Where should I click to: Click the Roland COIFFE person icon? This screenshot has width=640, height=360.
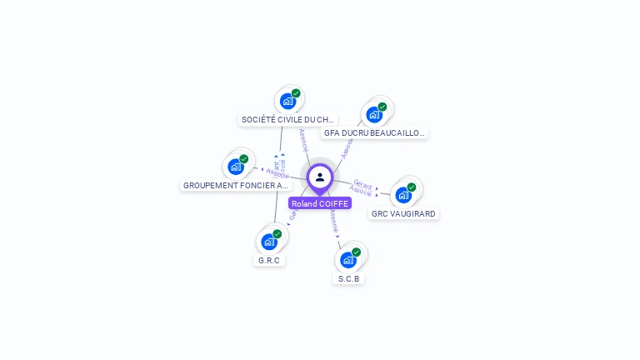(x=320, y=177)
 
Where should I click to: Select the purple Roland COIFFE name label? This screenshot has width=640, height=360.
(x=320, y=203)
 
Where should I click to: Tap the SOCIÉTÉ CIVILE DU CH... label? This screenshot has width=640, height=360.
(x=287, y=120)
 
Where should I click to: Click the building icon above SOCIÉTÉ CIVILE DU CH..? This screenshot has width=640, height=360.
(x=287, y=102)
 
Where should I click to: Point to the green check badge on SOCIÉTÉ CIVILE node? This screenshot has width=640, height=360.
(x=296, y=93)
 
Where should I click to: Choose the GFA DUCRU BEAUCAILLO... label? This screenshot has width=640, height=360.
(x=374, y=132)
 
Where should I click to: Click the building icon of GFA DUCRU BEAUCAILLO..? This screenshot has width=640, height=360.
(x=374, y=115)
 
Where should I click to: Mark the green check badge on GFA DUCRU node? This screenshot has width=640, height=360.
(x=382, y=107)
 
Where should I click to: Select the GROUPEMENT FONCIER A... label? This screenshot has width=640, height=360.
(x=235, y=185)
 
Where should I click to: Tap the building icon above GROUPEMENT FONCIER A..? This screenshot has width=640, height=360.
(x=236, y=167)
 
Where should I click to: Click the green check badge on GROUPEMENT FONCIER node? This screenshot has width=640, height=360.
(x=244, y=158)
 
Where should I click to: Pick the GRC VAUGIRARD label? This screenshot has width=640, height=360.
(x=403, y=213)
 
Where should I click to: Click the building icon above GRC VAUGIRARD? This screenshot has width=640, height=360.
(x=403, y=196)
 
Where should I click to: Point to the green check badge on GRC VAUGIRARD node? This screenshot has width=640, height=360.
(x=412, y=187)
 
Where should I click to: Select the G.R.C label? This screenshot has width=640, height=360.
(x=270, y=260)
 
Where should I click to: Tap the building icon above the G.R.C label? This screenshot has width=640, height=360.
(x=269, y=242)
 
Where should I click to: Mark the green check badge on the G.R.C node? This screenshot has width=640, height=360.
(x=277, y=233)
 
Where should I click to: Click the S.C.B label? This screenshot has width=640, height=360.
(x=349, y=278)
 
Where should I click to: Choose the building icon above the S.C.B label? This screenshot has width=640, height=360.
(x=348, y=260)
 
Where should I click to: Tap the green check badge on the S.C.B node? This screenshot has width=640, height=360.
(x=357, y=252)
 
